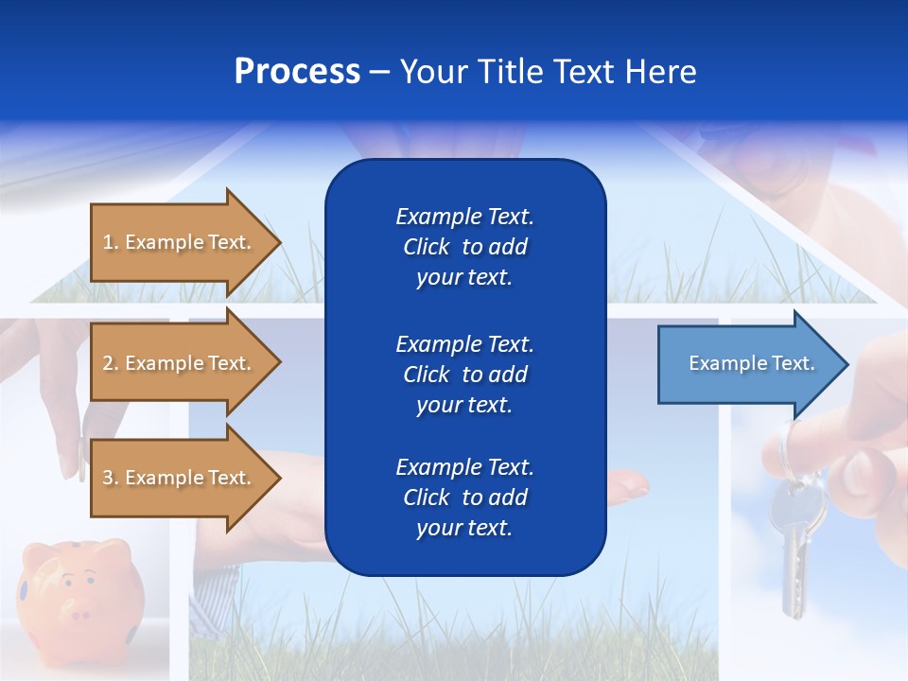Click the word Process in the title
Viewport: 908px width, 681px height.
(297, 72)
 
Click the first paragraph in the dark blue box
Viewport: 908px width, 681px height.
(464, 247)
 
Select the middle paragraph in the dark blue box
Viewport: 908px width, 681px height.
(464, 375)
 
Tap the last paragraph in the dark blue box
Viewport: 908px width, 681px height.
(464, 498)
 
